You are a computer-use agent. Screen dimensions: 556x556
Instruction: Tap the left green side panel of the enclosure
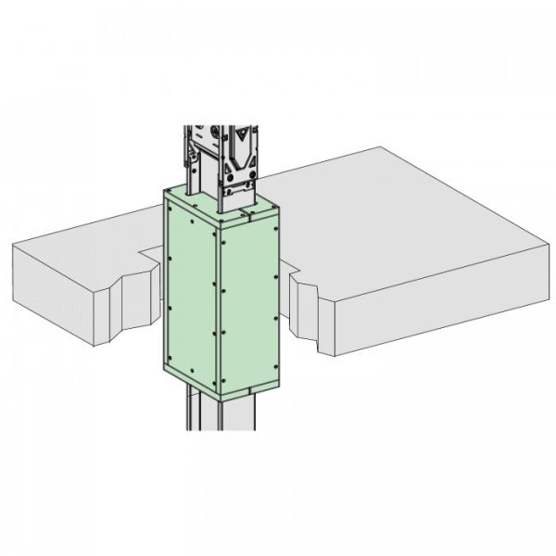[x=190, y=287]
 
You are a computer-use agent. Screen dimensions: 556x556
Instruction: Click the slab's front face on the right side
[x=436, y=315]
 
